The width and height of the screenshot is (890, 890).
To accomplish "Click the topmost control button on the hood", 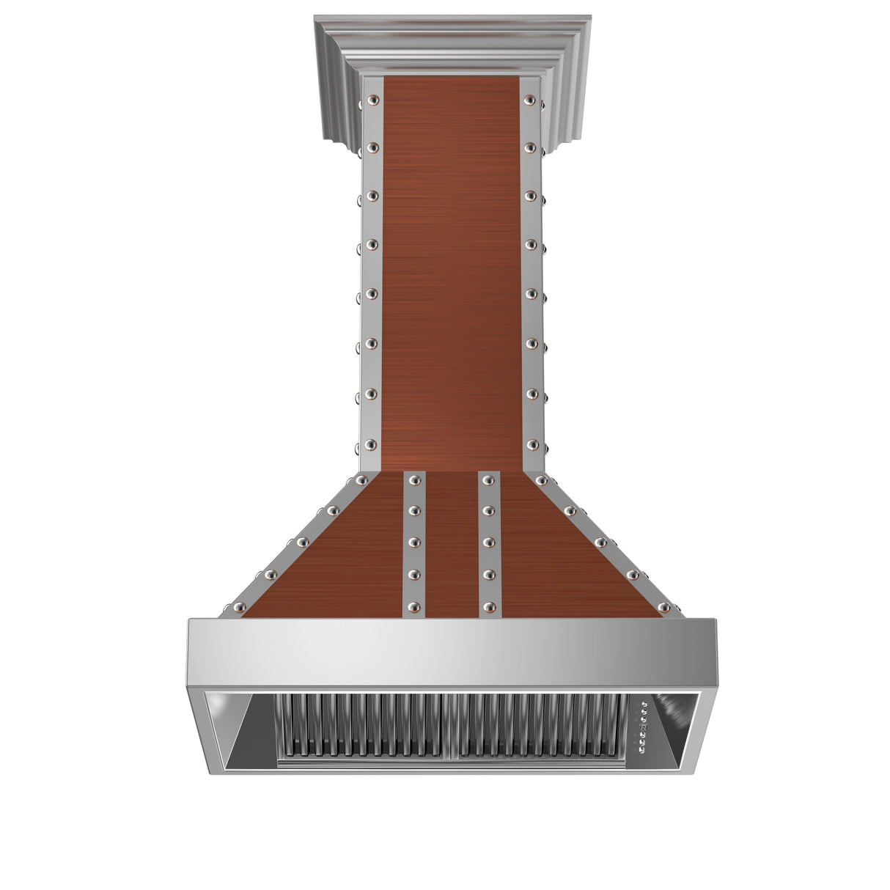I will click(x=644, y=705).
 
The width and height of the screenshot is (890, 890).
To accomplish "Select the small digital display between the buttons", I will click(x=644, y=728).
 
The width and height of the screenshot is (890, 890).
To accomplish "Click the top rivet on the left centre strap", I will click(x=414, y=480).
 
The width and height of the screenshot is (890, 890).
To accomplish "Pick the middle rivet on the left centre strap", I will click(x=414, y=542).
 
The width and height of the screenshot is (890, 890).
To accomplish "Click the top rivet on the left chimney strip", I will click(x=373, y=100).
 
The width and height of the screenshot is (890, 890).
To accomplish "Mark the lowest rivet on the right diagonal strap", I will click(x=664, y=608).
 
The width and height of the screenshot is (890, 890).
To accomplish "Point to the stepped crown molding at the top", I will click(x=452, y=44).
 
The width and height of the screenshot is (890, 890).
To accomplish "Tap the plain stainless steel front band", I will click(x=451, y=652).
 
